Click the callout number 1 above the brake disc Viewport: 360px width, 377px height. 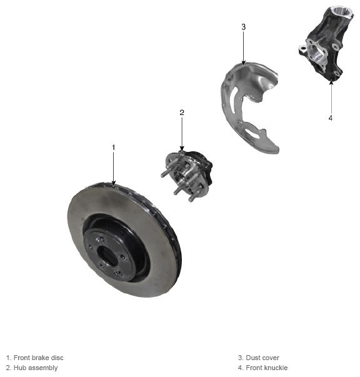click(114, 148)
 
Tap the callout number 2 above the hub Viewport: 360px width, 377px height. click(182, 113)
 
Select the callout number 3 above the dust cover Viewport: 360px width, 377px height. click(244, 27)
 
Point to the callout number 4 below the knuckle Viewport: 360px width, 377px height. click(331, 118)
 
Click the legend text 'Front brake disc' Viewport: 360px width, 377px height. click(39, 358)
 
